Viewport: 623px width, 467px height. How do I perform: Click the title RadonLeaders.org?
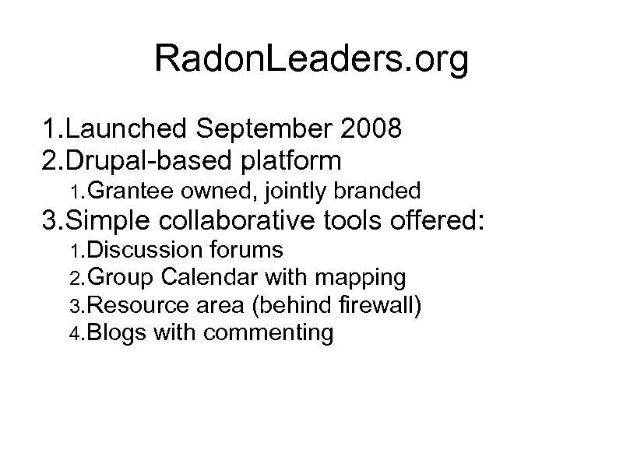(311, 61)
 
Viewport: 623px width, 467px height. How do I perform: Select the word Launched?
(128, 128)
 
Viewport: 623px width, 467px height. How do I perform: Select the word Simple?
(113, 221)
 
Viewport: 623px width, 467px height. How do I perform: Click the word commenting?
(269, 334)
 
